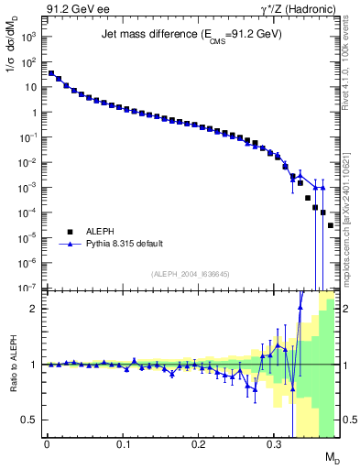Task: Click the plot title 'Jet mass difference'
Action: (191, 34)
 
